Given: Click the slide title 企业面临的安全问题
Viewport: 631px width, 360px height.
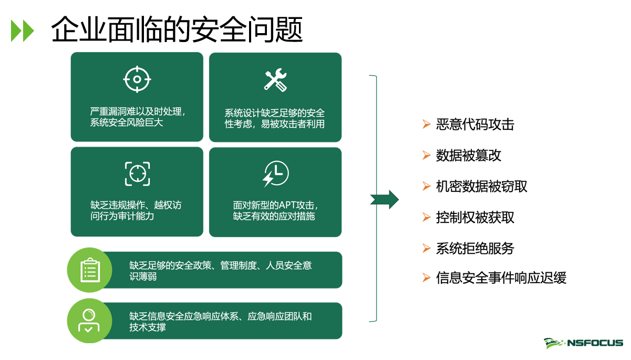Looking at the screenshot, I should tap(177, 29).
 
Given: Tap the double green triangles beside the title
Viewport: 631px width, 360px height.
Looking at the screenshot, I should tap(23, 31).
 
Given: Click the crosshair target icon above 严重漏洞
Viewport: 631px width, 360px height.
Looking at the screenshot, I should tap(137, 79).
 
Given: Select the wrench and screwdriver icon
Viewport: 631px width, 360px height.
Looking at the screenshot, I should tap(275, 80).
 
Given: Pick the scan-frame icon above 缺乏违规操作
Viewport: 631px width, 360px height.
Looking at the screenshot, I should tap(137, 174).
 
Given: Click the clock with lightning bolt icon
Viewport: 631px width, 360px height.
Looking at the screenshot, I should tap(275, 174).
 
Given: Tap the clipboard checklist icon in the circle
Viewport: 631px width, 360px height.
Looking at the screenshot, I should tap(90, 270).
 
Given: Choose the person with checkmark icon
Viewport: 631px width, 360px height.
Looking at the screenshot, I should tap(90, 320).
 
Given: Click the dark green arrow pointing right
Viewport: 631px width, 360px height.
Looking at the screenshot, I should tap(385, 199).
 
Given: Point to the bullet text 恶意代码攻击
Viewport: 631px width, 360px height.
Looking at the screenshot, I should tap(475, 125).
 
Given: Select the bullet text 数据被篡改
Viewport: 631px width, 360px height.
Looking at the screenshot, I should tap(469, 156).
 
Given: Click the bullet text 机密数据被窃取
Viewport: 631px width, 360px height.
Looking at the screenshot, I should tap(481, 187).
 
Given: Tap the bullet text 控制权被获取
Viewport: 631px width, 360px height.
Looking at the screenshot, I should tap(475, 218).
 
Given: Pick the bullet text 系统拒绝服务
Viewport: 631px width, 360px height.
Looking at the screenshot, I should tap(475, 248).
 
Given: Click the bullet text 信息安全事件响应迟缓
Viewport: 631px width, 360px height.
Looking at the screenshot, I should tap(501, 278).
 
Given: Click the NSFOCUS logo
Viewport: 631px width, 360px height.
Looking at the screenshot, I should tap(583, 343).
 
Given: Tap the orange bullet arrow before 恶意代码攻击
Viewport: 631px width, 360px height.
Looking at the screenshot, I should tap(426, 125).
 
